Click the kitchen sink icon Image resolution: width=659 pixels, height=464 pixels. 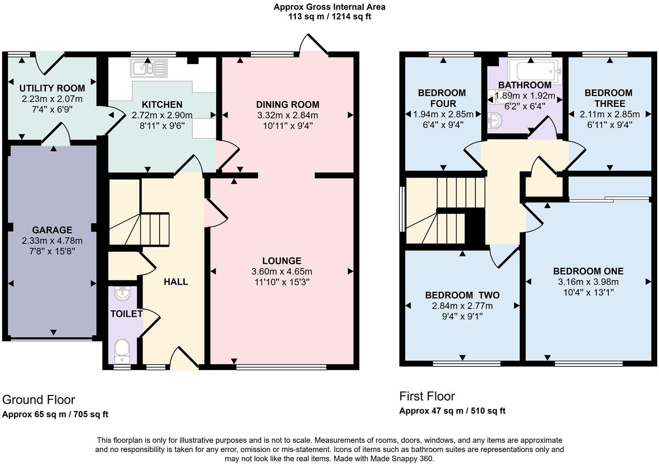click(x=149, y=68)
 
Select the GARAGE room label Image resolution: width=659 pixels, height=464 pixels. click(x=52, y=230)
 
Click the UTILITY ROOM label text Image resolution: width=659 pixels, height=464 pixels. click(x=52, y=88)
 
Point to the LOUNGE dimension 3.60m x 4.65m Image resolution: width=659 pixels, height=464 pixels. click(x=282, y=272)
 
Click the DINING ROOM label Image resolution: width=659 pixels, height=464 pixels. click(x=288, y=105)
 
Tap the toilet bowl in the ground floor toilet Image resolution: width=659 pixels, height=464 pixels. click(x=122, y=350)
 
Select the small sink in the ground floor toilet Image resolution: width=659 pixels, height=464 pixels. click(x=122, y=293)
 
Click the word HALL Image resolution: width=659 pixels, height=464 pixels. click(x=176, y=282)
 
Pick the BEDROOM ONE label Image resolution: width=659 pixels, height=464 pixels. click(x=588, y=272)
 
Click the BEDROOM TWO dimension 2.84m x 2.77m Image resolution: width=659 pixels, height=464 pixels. click(x=462, y=306)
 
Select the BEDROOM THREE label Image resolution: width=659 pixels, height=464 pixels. click(x=608, y=98)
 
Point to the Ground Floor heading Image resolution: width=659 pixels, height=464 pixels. click(x=39, y=400)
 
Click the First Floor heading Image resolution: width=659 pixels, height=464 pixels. click(x=427, y=396)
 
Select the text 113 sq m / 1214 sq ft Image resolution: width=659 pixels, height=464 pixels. click(x=329, y=17)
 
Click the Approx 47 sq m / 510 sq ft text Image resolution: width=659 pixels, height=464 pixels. click(x=452, y=411)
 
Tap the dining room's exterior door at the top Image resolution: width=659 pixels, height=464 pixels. click(x=313, y=45)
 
